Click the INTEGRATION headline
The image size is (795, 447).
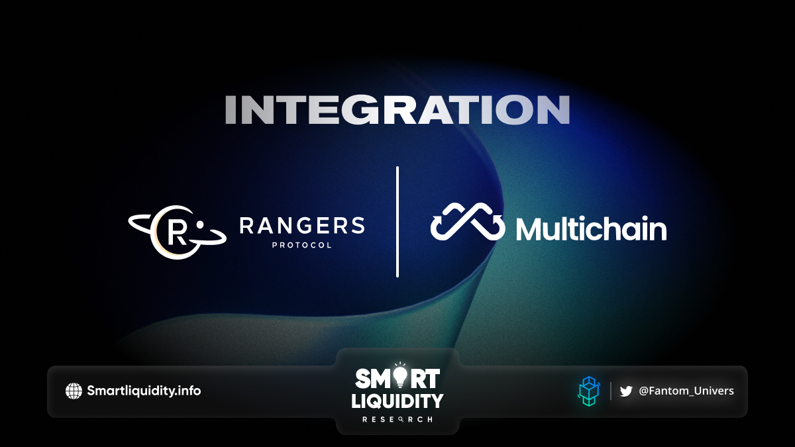pyautogui.click(x=397, y=110)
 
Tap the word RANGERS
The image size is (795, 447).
pyautogui.click(x=302, y=226)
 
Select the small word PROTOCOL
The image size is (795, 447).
pyautogui.click(x=302, y=245)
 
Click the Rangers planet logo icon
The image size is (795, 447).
pyautogui.click(x=177, y=232)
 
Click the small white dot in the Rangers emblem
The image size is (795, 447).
pyautogui.click(x=200, y=224)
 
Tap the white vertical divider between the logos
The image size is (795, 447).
pyautogui.click(x=397, y=222)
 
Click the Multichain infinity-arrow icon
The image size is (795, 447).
pyautogui.click(x=468, y=222)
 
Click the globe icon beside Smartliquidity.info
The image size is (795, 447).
pyautogui.click(x=74, y=391)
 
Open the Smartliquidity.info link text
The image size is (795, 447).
pyautogui.click(x=144, y=391)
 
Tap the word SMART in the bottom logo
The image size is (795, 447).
pyautogui.click(x=397, y=378)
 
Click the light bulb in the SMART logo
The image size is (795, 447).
pyautogui.click(x=400, y=375)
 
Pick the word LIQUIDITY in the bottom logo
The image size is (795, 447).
pyautogui.click(x=397, y=401)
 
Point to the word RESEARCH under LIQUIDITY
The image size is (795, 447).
pyautogui.click(x=397, y=420)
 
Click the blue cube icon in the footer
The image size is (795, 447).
pyautogui.click(x=589, y=391)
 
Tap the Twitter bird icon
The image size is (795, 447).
pyautogui.click(x=626, y=391)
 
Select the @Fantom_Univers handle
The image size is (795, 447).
pyautogui.click(x=686, y=391)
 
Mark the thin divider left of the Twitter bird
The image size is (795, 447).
pyautogui.click(x=611, y=391)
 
